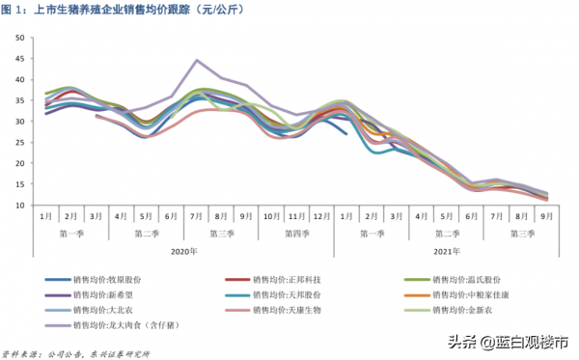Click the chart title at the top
(x=145, y=10)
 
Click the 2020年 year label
(x=183, y=250)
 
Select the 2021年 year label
(x=445, y=250)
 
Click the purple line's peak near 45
(x=197, y=60)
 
